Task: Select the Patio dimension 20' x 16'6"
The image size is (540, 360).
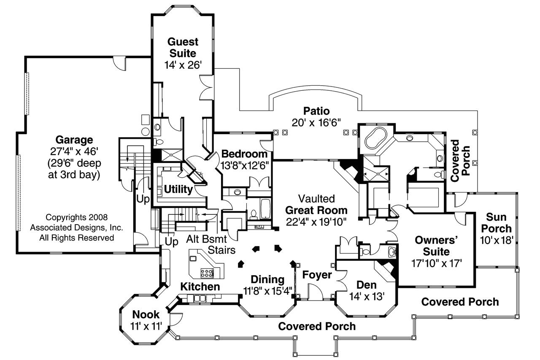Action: pos(316,122)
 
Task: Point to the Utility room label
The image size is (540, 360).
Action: pos(178,189)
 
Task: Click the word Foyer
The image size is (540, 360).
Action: pos(317,275)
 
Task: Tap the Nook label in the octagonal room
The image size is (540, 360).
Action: pos(146,314)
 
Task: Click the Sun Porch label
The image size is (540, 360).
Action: pos(499,223)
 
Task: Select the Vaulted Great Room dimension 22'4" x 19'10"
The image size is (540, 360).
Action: pos(316,221)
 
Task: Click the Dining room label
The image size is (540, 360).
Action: pos(267,279)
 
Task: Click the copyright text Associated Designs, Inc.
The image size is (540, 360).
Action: pos(76,227)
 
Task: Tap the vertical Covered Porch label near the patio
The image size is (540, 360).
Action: pos(460,161)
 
